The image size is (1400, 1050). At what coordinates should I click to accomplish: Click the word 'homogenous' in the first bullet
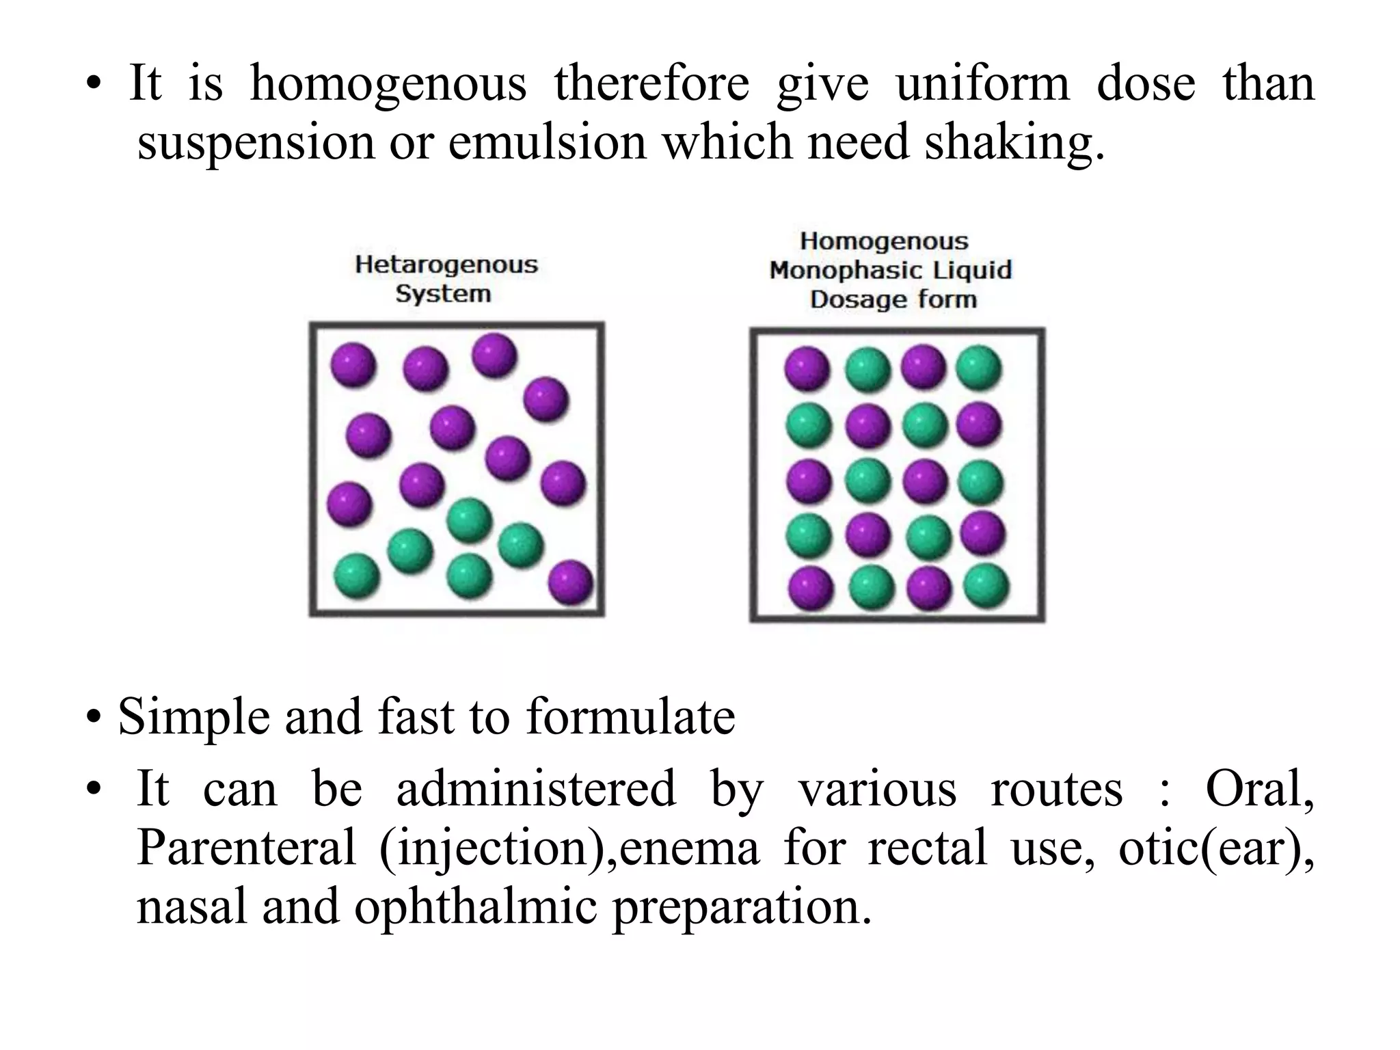point(388,83)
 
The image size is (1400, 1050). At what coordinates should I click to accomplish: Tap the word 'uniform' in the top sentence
point(982,83)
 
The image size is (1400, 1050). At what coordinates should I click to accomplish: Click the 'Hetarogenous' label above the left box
point(446,265)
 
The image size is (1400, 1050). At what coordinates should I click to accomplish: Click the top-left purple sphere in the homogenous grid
point(807,369)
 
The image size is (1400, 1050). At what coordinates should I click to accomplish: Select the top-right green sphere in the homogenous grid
point(979,368)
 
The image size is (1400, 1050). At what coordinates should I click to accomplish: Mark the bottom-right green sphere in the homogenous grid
point(986,585)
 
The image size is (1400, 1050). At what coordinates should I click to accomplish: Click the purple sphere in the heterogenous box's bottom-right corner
point(571,582)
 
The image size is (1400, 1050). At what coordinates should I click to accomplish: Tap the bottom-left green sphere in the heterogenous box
point(356,576)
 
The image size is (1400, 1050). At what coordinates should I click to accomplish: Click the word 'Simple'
point(192,718)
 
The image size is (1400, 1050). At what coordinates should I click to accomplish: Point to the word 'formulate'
point(630,718)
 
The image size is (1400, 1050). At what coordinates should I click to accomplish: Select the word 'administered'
point(536,789)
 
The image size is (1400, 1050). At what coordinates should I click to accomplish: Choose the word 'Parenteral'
point(246,848)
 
